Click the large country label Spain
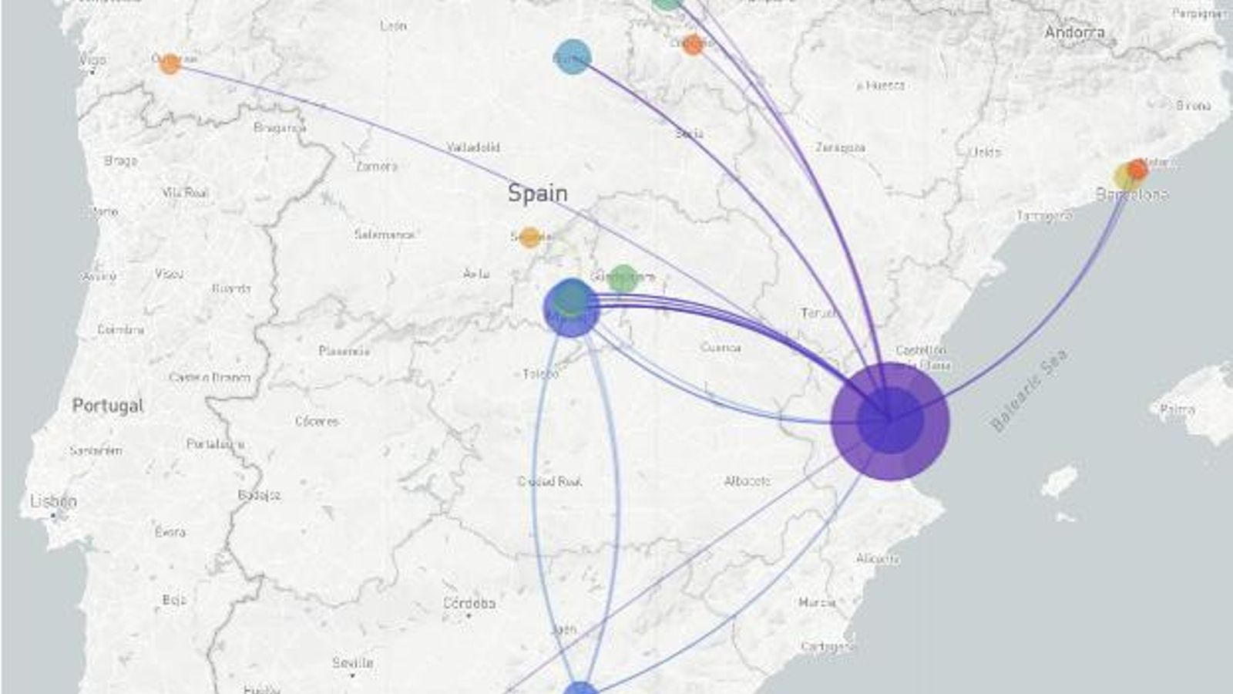[x=537, y=193]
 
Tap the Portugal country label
[x=107, y=405]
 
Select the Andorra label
[x=1074, y=32]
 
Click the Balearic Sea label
[x=1029, y=390]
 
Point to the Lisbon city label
[x=53, y=501]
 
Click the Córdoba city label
[x=469, y=602]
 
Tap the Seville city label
[x=352, y=662]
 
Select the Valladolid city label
[x=473, y=147]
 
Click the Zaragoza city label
[x=840, y=147]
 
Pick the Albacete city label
[x=747, y=481]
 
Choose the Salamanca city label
[x=385, y=234]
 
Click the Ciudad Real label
[x=549, y=481]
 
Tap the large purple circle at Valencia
[x=890, y=421]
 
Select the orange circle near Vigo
[x=170, y=63]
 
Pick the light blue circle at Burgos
[x=573, y=58]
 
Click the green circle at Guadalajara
[x=623, y=278]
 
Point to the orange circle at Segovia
[x=529, y=238]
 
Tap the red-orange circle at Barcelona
[x=1137, y=168]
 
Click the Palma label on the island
[x=1177, y=409]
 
